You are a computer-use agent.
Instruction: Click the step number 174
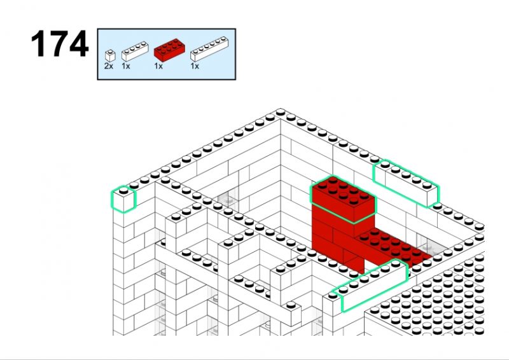[60, 43]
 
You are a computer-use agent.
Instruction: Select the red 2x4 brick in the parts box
[169, 50]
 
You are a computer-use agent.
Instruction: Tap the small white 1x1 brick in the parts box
[110, 56]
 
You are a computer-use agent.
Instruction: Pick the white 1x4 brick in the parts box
[135, 52]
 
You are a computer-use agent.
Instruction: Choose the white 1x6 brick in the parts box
[209, 49]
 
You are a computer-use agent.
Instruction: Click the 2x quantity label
[109, 66]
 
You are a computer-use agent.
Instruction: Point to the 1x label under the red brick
[158, 66]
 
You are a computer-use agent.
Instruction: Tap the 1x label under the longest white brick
[195, 66]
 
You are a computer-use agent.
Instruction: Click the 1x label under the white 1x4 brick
[126, 66]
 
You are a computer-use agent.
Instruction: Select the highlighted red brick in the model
[343, 199]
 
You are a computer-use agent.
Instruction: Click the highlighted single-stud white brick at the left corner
[123, 199]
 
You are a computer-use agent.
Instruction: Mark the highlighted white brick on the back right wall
[406, 183]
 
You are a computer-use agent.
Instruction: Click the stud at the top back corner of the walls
[281, 113]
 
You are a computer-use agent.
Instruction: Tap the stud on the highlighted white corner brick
[123, 191]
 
